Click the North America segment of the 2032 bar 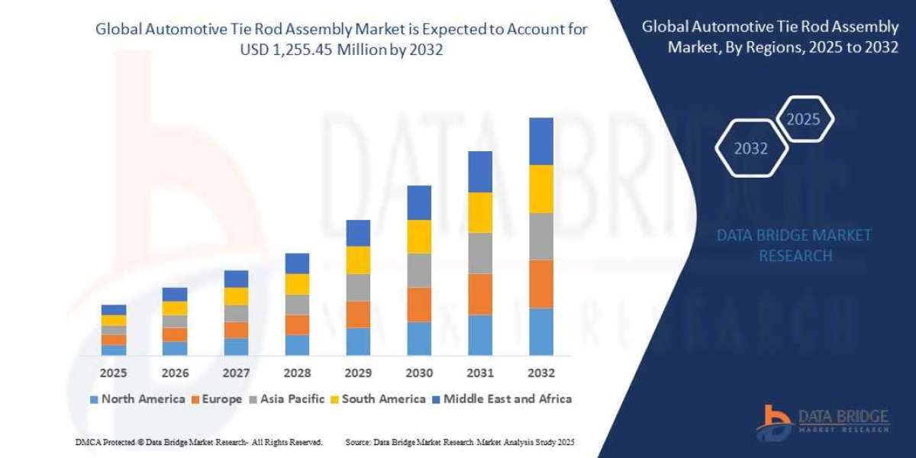click(540, 331)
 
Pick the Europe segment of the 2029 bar click(358, 314)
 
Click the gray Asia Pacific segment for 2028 click(297, 305)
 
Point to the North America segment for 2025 click(114, 350)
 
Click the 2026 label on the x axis click(175, 373)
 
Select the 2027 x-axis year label click(236, 373)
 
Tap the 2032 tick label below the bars click(540, 373)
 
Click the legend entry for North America click(137, 398)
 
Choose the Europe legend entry click(217, 398)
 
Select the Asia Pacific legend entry click(287, 398)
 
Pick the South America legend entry click(378, 398)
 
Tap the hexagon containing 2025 click(803, 119)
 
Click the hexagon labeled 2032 click(750, 149)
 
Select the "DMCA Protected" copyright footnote click(199, 442)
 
